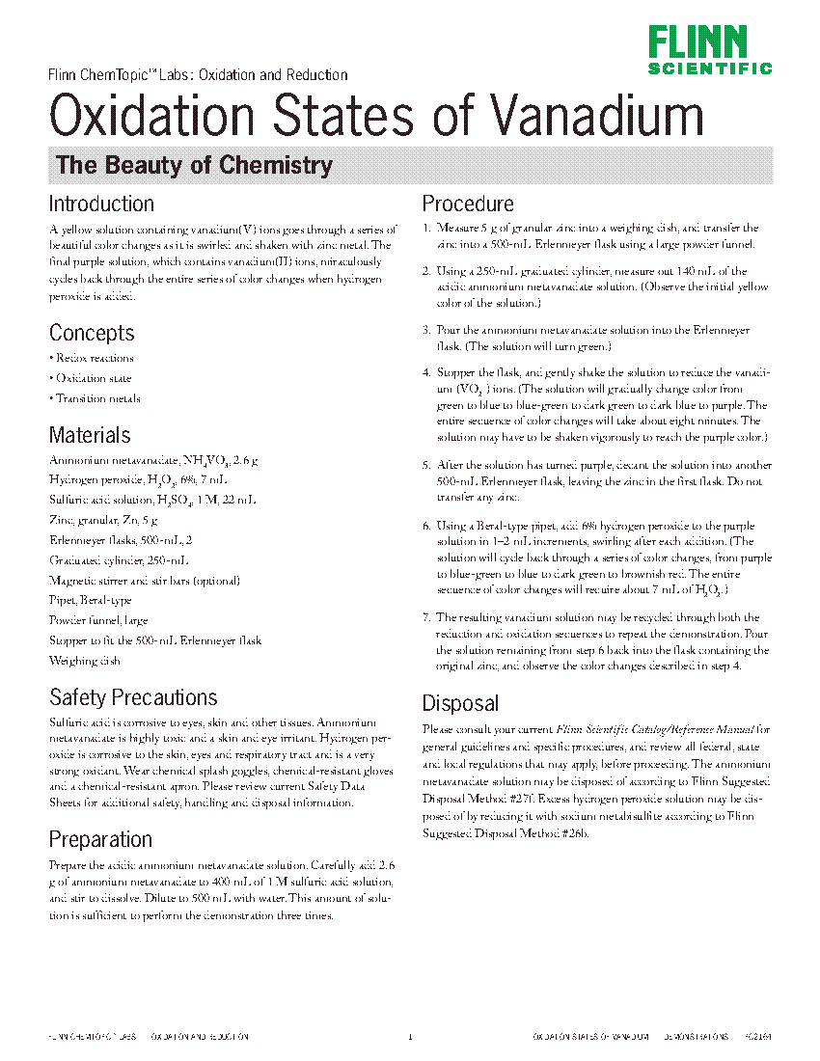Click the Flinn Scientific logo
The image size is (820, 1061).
tap(710, 50)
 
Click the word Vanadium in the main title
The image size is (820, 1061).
tap(597, 117)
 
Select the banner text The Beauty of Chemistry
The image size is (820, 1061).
tap(194, 165)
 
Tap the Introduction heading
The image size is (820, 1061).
tap(101, 204)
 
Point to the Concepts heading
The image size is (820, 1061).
tap(92, 333)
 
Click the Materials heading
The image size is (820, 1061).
tap(90, 435)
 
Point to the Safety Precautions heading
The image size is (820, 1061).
tap(133, 697)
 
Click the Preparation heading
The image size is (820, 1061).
tap(100, 838)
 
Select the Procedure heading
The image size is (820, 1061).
tap(468, 204)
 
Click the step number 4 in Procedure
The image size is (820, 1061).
tap(426, 372)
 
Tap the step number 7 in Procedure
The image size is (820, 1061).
tap(426, 617)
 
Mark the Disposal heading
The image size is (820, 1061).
tap(460, 703)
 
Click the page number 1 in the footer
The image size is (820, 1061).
tap(410, 1037)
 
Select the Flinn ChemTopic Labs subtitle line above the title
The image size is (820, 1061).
tap(198, 75)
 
